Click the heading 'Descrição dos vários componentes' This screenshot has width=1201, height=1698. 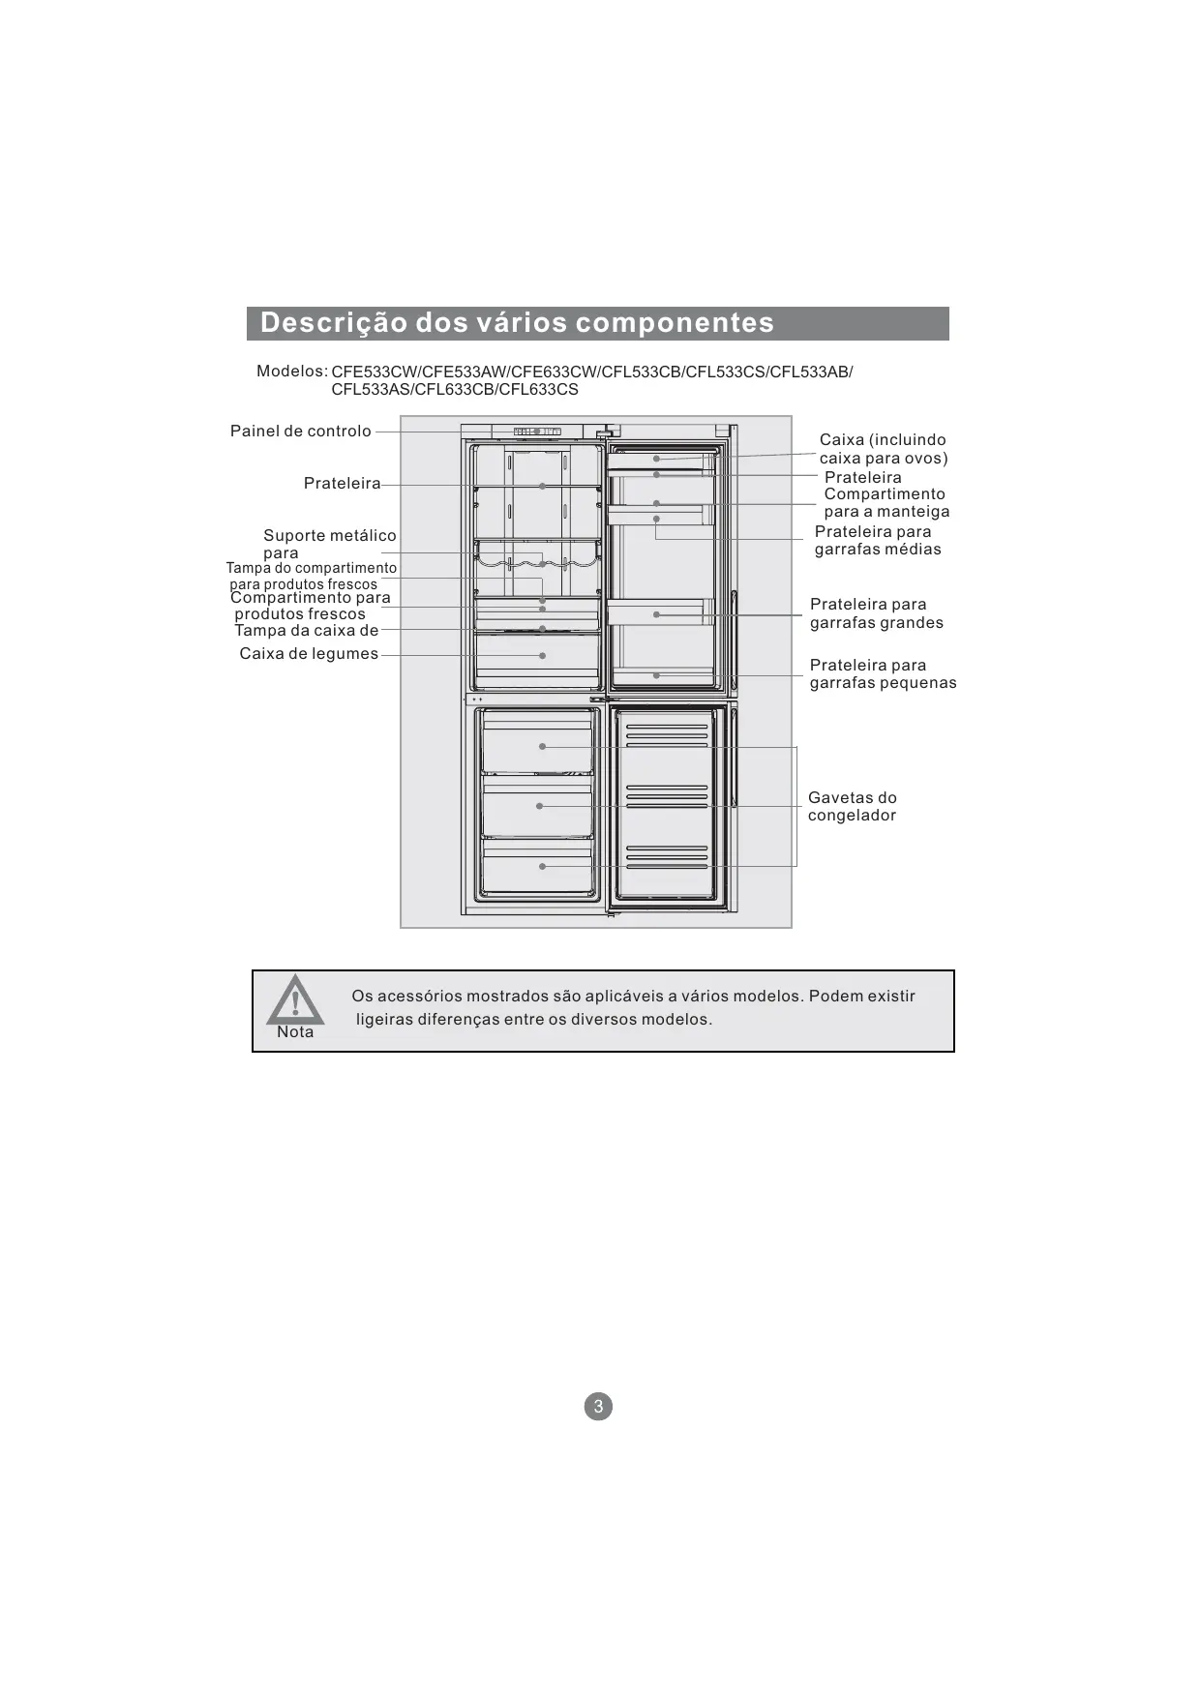coord(517,323)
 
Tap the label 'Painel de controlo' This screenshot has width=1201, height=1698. coord(300,432)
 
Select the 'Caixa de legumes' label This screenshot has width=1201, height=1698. coord(309,654)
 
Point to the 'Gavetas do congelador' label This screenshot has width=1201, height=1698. coord(853,807)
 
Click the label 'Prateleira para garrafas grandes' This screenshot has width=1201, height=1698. coord(876,613)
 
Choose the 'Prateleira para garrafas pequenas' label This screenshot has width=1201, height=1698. coord(883,674)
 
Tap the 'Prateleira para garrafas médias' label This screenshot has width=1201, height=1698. coord(877,541)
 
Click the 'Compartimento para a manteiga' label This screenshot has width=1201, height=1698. coord(886,503)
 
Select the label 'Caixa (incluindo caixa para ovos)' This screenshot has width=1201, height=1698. coord(883,449)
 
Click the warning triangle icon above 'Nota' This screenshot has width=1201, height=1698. coord(295,1000)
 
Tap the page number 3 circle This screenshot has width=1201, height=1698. coord(598,1407)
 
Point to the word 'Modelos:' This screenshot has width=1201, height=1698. coord(291,372)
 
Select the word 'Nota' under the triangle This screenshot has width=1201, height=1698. coord(295,1032)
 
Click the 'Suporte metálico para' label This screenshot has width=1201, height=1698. coord(329,544)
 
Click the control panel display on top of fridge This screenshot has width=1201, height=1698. coord(537,432)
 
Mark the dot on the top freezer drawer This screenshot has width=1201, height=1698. coord(542,747)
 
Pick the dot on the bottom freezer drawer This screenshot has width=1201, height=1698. coord(542,867)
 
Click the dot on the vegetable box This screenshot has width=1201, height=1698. coord(543,655)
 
